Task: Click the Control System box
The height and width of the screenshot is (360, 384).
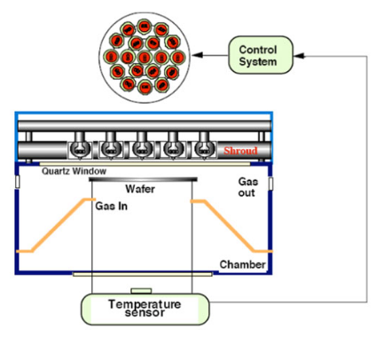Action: point(261,55)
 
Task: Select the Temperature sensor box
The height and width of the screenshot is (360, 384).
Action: point(145,309)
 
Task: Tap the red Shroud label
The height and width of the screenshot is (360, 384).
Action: point(240,151)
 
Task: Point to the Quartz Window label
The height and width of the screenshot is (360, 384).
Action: point(74,171)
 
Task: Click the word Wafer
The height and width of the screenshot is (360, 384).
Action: point(140,189)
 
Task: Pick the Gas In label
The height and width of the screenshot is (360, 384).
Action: point(112,206)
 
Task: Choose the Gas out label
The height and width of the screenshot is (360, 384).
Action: point(247,187)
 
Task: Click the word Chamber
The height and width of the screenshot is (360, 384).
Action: point(242,264)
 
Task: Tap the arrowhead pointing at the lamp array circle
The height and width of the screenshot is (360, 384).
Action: point(198,55)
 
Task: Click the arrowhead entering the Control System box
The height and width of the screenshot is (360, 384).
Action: point(299,56)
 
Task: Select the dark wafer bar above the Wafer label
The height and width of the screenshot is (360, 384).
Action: point(143,179)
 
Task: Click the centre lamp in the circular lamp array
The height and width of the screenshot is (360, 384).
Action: point(145,57)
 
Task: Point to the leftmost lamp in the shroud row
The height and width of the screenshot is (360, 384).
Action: point(79,148)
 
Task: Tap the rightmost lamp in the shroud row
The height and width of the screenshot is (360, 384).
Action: point(204,148)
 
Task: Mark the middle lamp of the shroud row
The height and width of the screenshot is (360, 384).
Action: point(142,148)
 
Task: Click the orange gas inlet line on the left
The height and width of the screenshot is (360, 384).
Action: point(56,225)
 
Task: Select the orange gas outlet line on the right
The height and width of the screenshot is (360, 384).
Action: point(231,226)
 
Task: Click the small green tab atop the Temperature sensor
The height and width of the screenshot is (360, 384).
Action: point(142,291)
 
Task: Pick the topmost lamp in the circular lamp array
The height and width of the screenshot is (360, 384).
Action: point(144,27)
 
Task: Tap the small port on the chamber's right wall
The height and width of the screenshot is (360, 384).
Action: point(270,184)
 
